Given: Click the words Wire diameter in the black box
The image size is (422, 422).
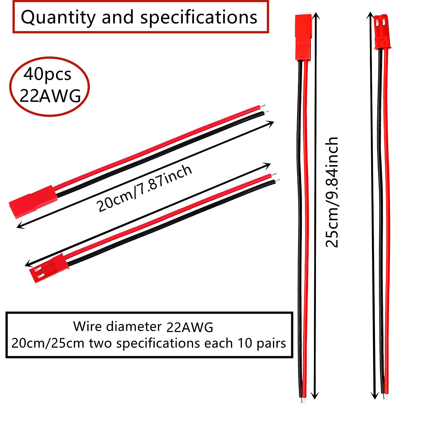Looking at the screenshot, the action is click(117, 326).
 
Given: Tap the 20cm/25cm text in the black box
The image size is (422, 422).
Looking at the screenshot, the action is click(48, 343).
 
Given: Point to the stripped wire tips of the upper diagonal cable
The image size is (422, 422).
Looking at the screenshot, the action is click(264, 110).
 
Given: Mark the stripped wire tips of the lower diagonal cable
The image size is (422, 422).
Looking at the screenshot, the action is click(276, 178).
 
